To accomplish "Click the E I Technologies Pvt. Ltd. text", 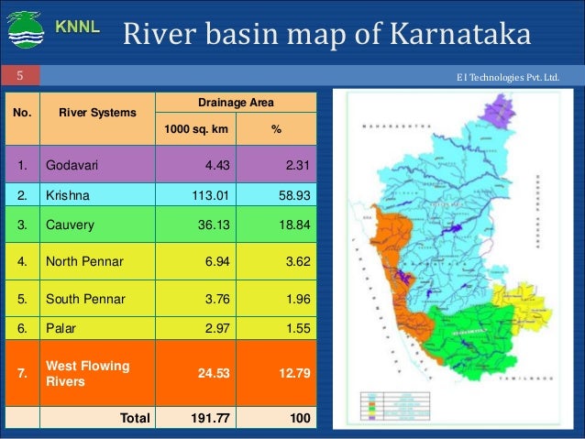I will click(x=520, y=75).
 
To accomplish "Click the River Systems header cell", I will click(x=98, y=114).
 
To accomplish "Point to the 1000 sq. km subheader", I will click(x=195, y=130).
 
